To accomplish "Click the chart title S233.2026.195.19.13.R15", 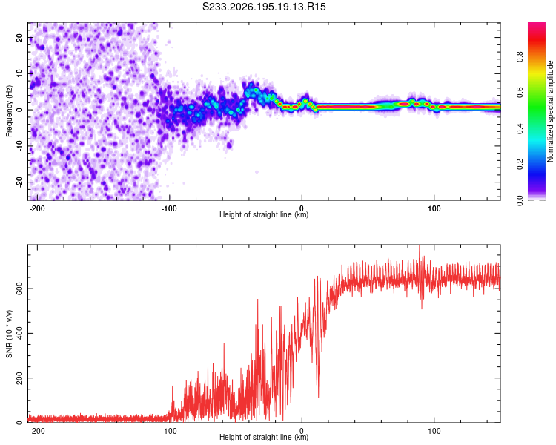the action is [264, 7].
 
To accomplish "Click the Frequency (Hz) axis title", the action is [9, 111].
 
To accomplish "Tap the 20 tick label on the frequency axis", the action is [19, 38].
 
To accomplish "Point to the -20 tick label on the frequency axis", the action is [19, 182].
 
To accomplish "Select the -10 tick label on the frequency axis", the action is [19, 146].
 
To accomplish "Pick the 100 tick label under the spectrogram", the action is [434, 208].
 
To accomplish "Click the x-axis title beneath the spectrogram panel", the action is [264, 214].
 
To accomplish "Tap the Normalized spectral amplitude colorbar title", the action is [550, 111].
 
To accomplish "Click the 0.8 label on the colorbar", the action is [520, 57].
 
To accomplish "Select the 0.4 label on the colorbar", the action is [520, 129].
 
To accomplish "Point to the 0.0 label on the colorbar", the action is [520, 201].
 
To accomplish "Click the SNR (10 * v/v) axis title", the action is [9, 334].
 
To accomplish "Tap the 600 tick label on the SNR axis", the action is [19, 289].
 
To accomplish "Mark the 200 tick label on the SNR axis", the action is [19, 378].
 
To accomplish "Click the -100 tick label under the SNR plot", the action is [169, 431].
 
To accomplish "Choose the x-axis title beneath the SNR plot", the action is [264, 437].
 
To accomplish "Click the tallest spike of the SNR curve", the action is [420, 246].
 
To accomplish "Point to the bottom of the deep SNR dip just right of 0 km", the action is [319, 397].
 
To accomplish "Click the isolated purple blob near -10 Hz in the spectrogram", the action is [230, 145].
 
